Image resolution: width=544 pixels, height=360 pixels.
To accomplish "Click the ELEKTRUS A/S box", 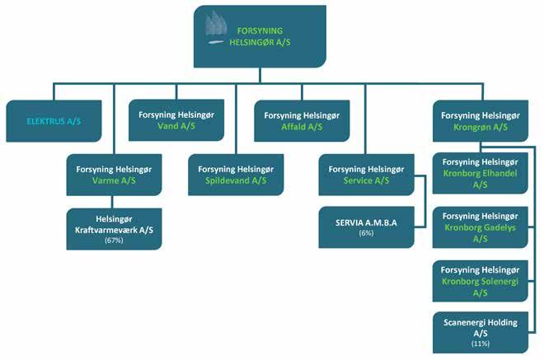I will [x=54, y=121].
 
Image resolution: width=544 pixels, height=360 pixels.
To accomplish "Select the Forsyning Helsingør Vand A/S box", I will [x=176, y=121].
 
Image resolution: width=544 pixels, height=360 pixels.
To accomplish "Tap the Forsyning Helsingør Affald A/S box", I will [x=301, y=121].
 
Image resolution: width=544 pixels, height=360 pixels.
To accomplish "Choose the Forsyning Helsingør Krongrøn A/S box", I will [x=479, y=121].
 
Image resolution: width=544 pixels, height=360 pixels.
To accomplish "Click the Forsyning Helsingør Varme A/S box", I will [x=114, y=174].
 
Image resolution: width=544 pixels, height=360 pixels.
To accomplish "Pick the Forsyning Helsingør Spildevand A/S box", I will [x=237, y=174].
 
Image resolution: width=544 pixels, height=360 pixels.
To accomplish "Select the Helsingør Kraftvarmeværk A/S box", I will [x=114, y=227].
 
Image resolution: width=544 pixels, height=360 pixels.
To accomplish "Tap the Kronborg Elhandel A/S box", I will [x=479, y=173].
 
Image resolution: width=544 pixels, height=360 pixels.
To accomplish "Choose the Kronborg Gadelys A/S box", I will [x=479, y=227].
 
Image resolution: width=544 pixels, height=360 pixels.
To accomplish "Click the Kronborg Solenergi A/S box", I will [x=479, y=281].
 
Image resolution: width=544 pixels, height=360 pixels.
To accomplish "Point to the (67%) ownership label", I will [x=114, y=241].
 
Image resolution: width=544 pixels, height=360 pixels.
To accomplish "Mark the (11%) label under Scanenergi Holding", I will [x=480, y=343].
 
